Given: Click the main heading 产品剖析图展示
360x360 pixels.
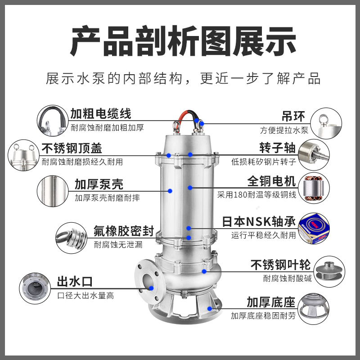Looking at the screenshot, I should (x=180, y=41).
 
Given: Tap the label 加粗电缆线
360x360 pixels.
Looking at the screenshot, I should (x=100, y=114).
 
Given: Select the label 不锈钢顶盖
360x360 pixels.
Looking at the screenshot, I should (x=72, y=148).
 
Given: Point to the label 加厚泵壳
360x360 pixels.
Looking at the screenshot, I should (x=99, y=184).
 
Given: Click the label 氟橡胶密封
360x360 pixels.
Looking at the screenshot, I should (x=124, y=231).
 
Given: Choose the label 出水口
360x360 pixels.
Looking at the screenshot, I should (x=74, y=282).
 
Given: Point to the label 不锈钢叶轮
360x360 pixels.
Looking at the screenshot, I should (x=274, y=265).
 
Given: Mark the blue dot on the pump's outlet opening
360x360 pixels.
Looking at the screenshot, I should (x=152, y=288).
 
